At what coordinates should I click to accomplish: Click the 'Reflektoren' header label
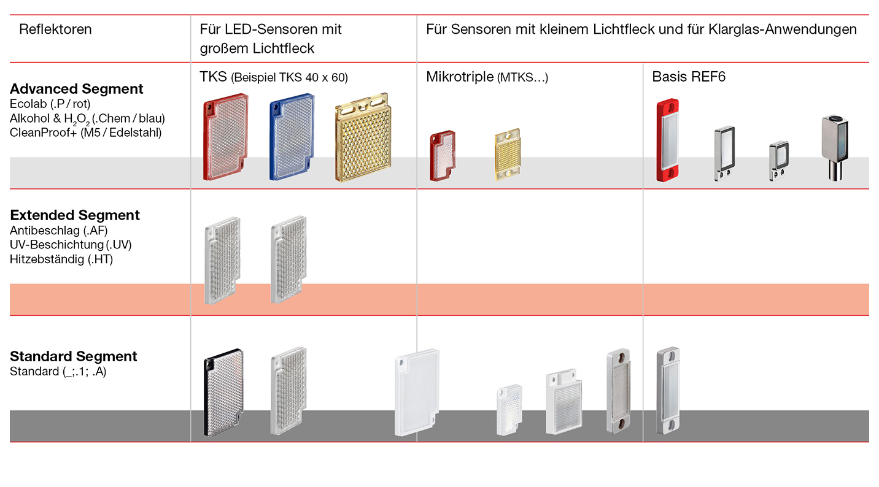pyautogui.click(x=55, y=29)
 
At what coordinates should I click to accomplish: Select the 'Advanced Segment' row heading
pyautogui.click(x=76, y=89)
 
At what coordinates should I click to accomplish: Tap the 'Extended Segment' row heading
pyautogui.click(x=75, y=215)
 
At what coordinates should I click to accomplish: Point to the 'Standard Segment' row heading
pyautogui.click(x=74, y=356)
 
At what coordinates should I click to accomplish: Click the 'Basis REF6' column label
pyautogui.click(x=689, y=77)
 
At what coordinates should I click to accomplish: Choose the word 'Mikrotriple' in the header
pyautogui.click(x=459, y=77)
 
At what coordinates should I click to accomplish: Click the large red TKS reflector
pyautogui.click(x=226, y=137)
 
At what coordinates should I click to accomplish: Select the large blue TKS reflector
pyautogui.click(x=292, y=137)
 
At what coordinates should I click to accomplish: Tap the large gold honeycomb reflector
pyautogui.click(x=363, y=136)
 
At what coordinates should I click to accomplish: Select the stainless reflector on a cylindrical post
pyautogui.click(x=835, y=147)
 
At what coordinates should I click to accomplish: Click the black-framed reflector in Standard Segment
pyautogui.click(x=222, y=393)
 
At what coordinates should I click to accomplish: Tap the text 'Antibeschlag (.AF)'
pyautogui.click(x=50, y=231)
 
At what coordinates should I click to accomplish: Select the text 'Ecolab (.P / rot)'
pyautogui.click(x=50, y=104)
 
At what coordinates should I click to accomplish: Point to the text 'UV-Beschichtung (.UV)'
pyautogui.click(x=71, y=245)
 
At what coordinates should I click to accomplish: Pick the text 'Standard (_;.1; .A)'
pyautogui.click(x=58, y=371)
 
